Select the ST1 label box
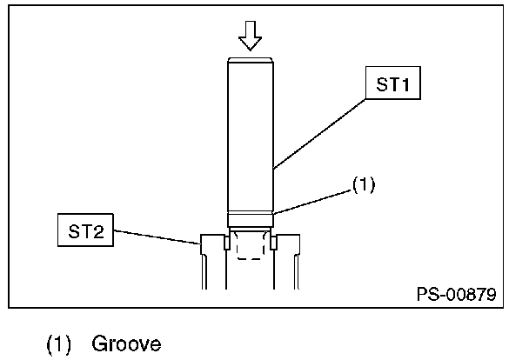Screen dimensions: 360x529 click(x=392, y=86)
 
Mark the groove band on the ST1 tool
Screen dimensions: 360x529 click(x=251, y=218)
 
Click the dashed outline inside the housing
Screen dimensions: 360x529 click(x=251, y=248)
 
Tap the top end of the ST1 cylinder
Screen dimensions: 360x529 click(x=251, y=60)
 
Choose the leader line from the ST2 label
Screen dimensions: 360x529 click(x=157, y=237)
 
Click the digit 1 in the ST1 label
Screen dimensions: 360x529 click(x=405, y=86)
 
